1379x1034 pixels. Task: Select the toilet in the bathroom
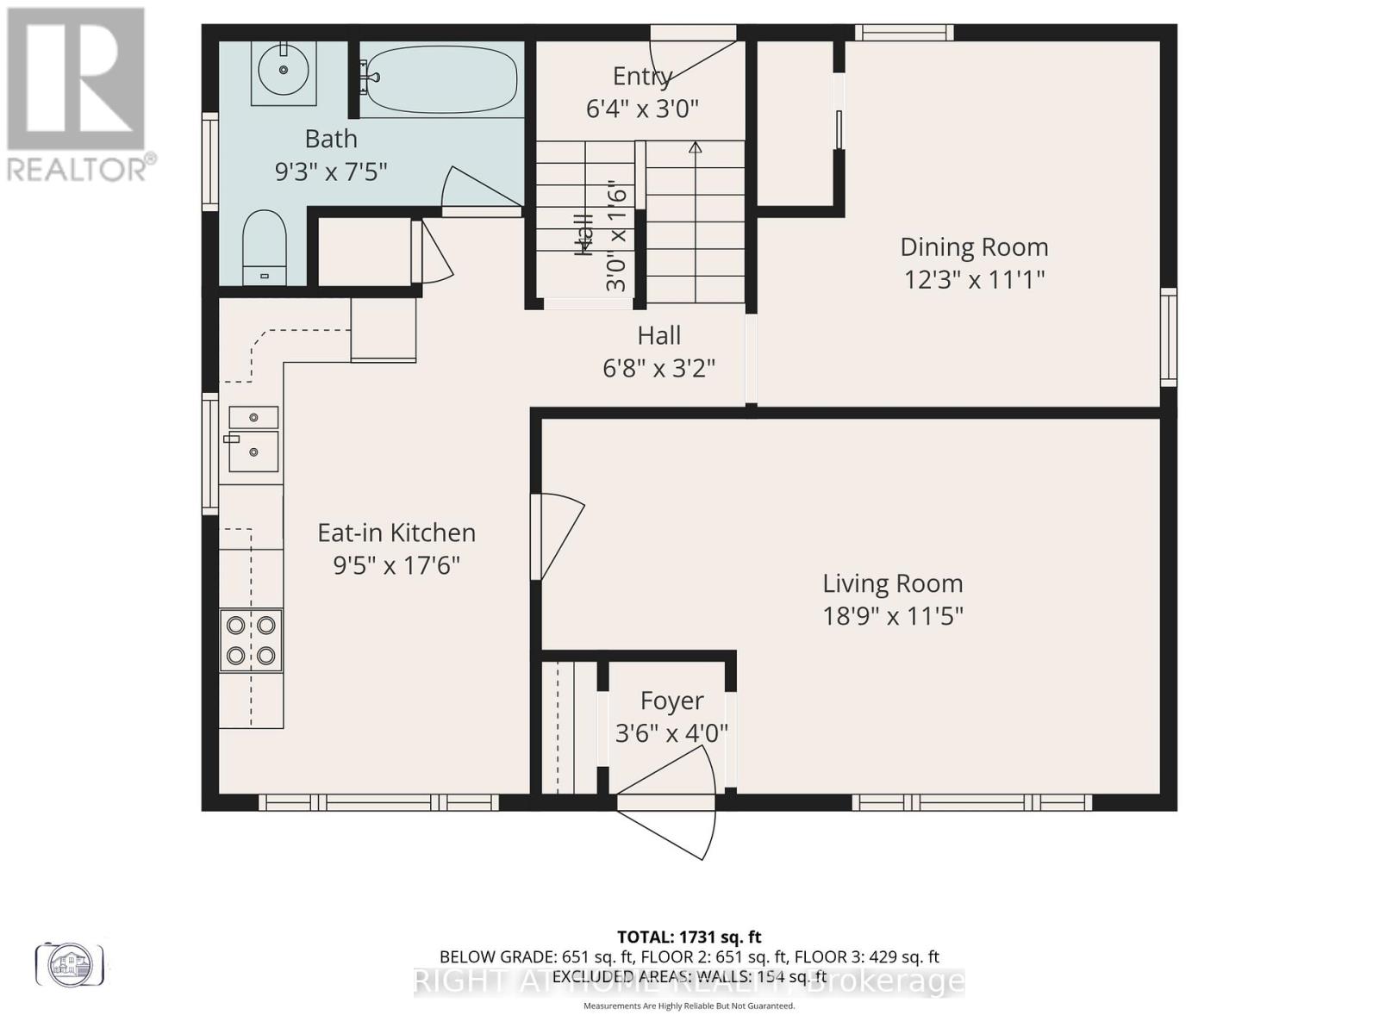pos(264,246)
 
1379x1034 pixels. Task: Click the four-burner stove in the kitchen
pos(251,640)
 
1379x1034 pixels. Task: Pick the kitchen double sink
pos(253,439)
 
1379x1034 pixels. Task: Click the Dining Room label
pos(974,247)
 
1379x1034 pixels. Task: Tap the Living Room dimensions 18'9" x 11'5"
pos(892,617)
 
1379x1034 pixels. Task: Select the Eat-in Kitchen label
pos(396,533)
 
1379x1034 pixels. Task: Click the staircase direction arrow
pos(695,148)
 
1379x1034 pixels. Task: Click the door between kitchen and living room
pos(556,534)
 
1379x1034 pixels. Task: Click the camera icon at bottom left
pos(70,963)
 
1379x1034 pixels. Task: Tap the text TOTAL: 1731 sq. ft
pos(689,937)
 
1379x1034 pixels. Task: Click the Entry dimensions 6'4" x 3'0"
pos(642,109)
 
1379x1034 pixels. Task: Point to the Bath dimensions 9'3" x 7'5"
pos(331,171)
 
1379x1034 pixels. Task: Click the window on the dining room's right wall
pos(1168,337)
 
